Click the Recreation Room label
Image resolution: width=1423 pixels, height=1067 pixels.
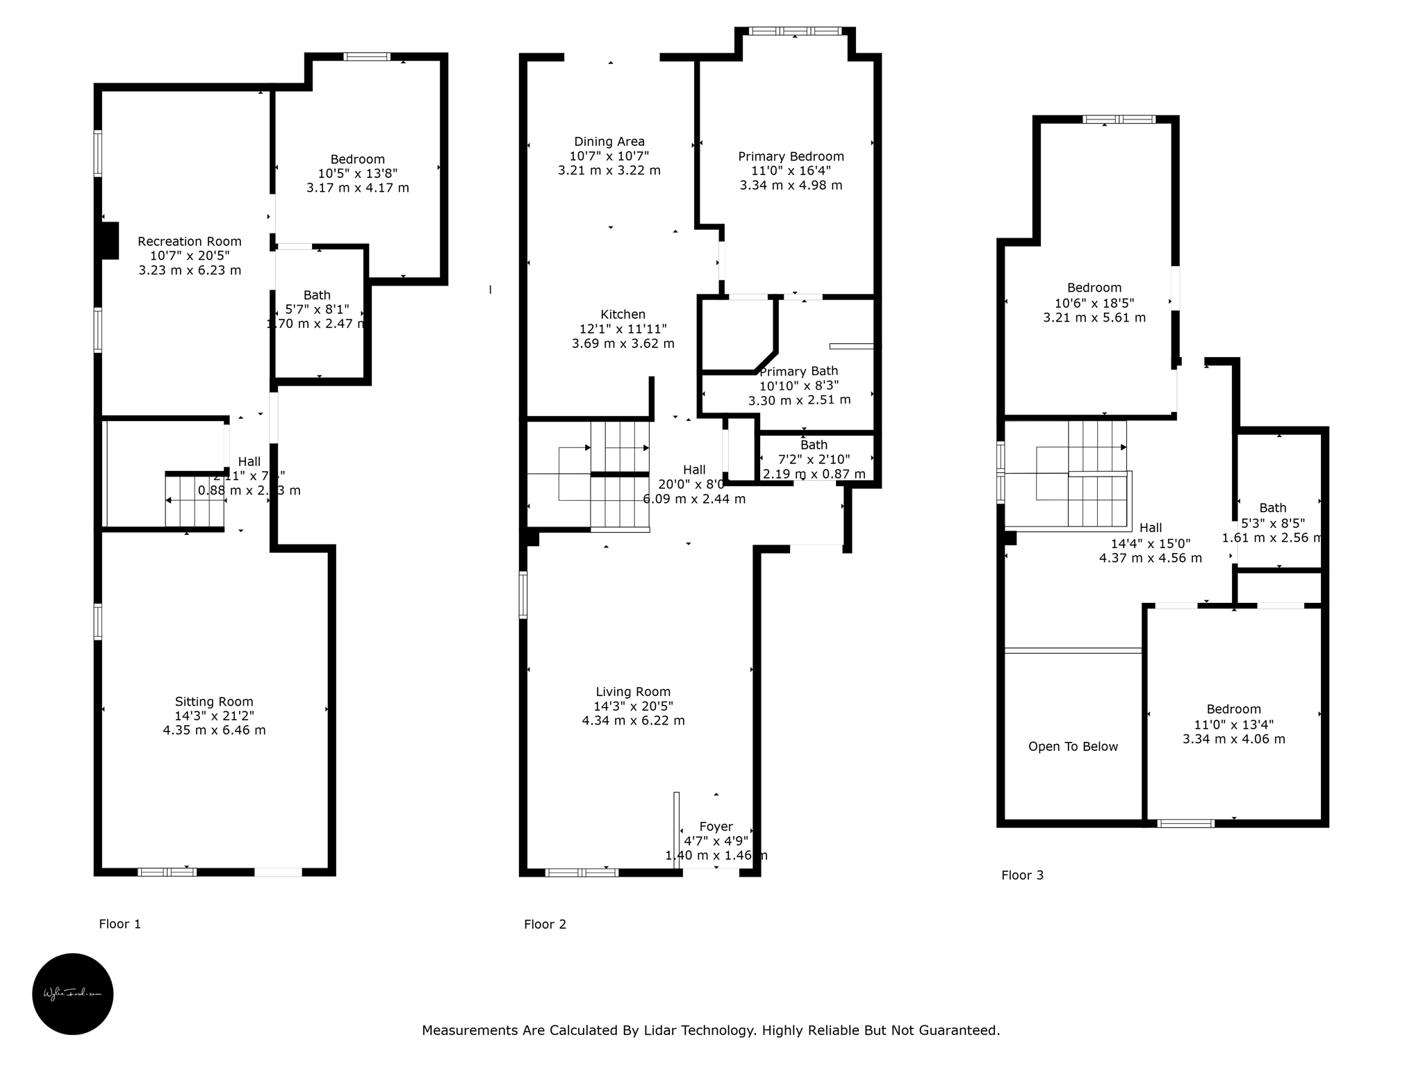189,241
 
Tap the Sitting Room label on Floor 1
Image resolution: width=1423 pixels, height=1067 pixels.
214,702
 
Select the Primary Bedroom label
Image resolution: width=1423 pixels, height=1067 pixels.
791,156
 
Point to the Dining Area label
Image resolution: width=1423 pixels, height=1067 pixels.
609,142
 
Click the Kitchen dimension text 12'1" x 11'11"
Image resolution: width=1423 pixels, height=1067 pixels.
623,329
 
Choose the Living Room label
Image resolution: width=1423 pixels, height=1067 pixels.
633,692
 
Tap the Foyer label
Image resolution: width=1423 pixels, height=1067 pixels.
716,827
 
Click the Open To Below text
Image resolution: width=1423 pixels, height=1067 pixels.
1073,747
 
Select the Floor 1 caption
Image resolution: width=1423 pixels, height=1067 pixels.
120,924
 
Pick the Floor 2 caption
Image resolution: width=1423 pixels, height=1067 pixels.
545,924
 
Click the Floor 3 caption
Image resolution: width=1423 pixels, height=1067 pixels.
1022,875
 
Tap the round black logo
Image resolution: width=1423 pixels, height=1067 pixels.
73,993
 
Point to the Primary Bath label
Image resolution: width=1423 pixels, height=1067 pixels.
798,372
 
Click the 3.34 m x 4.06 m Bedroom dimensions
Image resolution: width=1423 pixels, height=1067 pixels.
1234,739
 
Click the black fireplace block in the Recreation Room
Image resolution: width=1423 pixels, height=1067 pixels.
110,240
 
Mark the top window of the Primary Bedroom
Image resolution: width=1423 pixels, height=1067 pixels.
795,31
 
